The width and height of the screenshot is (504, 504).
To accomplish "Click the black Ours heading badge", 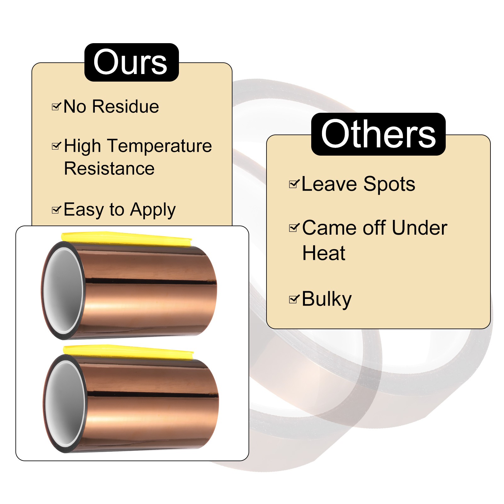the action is (x=131, y=62).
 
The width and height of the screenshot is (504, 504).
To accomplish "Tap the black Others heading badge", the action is (x=378, y=134).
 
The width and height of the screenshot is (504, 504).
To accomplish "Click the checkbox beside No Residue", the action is (x=56, y=107).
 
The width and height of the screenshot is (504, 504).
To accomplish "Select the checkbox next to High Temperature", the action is (x=56, y=146).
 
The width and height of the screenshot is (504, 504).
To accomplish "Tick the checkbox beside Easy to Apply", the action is (x=56, y=210).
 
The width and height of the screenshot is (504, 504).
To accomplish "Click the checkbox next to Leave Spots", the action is (x=294, y=184).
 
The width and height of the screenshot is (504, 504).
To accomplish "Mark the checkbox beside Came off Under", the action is (x=294, y=227).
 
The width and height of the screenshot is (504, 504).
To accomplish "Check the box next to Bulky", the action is (x=294, y=299).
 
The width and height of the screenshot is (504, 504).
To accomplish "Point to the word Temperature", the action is (x=160, y=146).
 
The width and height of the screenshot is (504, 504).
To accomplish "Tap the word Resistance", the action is (x=109, y=169).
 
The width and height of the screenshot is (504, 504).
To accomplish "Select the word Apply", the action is (x=153, y=210).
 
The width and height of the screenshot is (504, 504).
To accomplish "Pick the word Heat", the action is (x=324, y=253).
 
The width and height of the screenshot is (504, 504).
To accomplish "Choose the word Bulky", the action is (x=326, y=299).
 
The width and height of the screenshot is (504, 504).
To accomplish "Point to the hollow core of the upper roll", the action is (x=63, y=290).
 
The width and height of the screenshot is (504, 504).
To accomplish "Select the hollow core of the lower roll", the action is (x=65, y=404).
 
